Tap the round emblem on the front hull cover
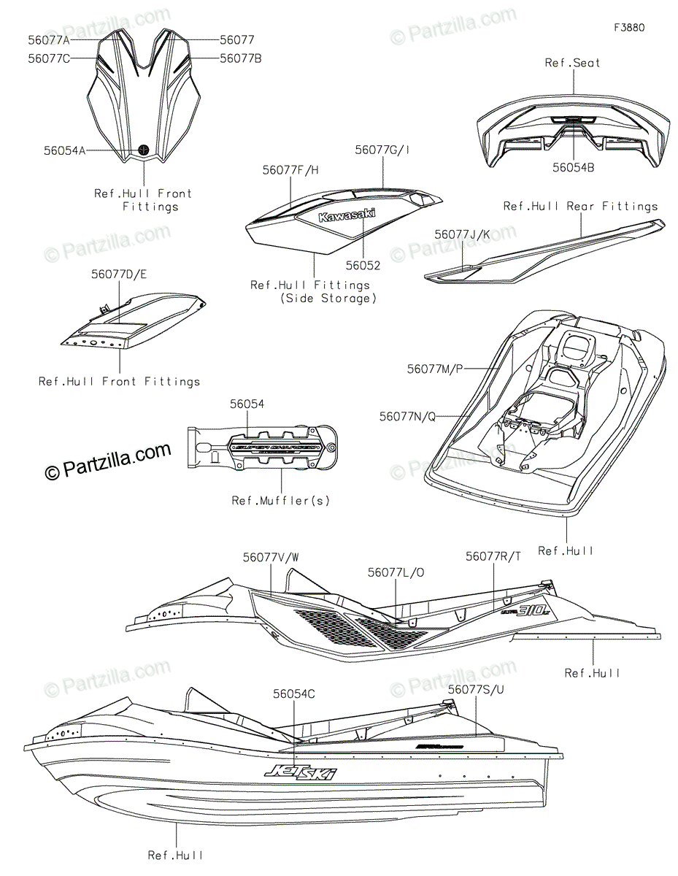click(x=144, y=149)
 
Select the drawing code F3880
click(x=629, y=28)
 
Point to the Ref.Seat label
click(x=572, y=63)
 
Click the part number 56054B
click(x=573, y=167)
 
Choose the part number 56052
click(x=363, y=266)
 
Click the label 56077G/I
click(x=382, y=150)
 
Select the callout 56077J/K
click(x=463, y=234)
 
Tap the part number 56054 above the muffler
click(x=247, y=403)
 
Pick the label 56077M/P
click(x=435, y=369)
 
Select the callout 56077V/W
click(x=271, y=557)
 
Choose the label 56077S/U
click(x=476, y=688)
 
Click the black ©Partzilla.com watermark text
click(x=108, y=463)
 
